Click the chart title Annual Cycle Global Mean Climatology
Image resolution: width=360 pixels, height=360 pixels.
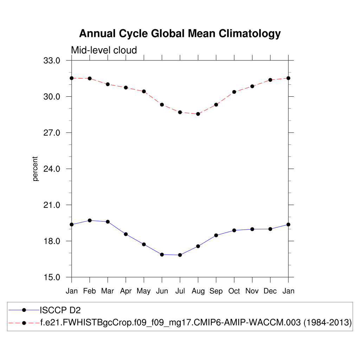(180, 34)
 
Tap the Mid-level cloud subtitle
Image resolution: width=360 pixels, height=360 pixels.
(104, 50)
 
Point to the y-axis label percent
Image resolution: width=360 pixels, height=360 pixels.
(35, 169)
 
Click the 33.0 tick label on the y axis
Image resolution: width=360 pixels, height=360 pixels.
(52, 60)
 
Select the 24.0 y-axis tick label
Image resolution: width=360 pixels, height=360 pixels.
(52, 169)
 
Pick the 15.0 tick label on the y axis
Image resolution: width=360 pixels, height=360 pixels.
(52, 277)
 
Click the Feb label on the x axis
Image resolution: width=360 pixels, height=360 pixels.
(90, 291)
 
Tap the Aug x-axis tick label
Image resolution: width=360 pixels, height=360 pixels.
(198, 291)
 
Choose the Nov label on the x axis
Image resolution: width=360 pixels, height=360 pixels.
(252, 291)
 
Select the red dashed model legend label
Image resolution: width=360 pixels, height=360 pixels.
(196, 322)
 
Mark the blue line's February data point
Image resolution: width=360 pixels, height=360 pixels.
(90, 220)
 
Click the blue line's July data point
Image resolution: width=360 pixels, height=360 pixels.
(180, 255)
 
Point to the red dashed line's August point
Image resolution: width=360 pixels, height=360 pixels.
(198, 114)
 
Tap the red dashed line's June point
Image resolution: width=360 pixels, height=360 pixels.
(162, 104)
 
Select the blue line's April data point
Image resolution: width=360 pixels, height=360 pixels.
(126, 234)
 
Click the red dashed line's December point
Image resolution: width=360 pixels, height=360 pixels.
(270, 80)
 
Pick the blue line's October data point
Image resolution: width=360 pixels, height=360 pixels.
(234, 230)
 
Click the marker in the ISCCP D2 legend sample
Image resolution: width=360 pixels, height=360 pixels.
(24, 310)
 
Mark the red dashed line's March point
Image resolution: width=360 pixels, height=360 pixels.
(108, 84)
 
